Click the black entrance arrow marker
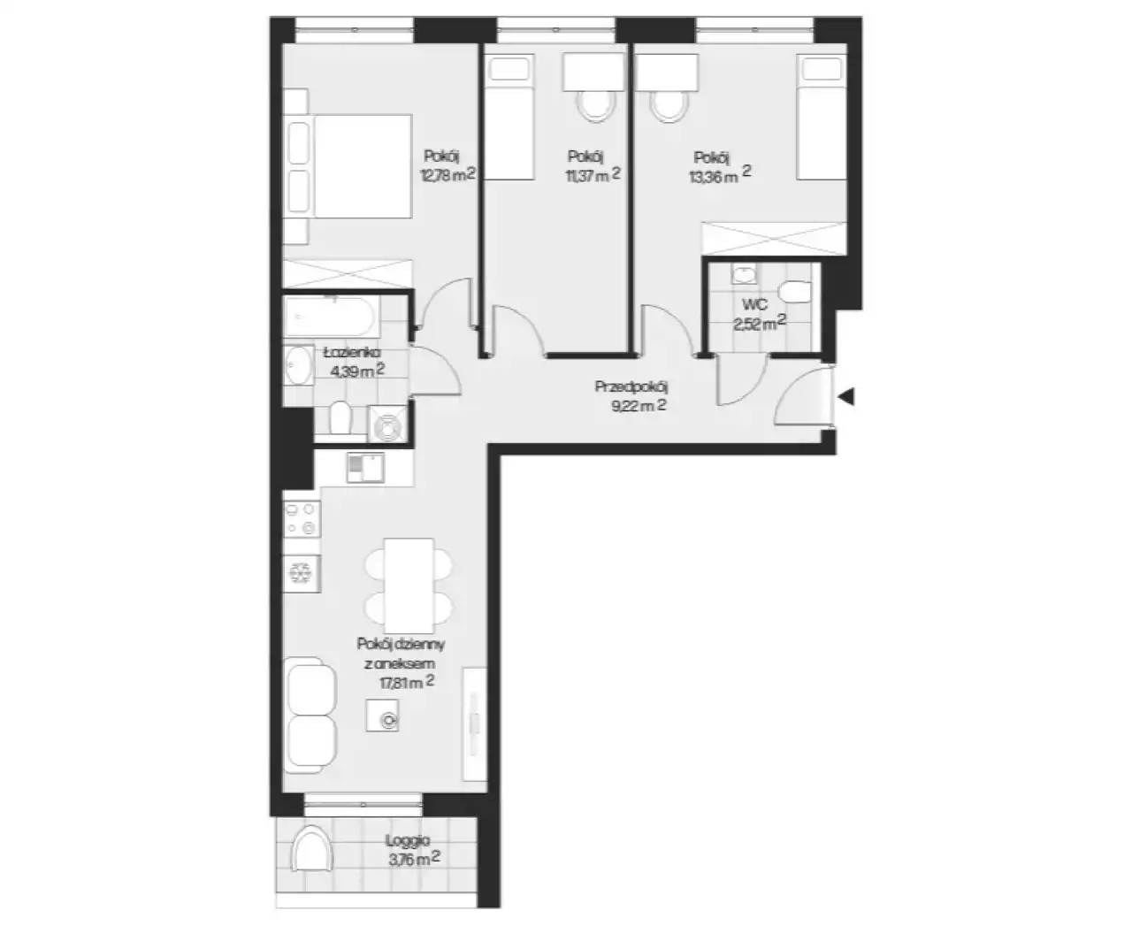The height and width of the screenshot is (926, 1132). pyautogui.click(x=847, y=397)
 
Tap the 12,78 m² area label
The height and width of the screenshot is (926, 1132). pyautogui.click(x=448, y=174)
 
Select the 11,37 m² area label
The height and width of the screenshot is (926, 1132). pyautogui.click(x=593, y=174)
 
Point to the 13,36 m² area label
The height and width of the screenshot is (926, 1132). pyautogui.click(x=720, y=175)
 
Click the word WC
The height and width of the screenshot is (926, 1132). pyautogui.click(x=754, y=304)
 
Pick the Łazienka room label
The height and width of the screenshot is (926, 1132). pyautogui.click(x=352, y=353)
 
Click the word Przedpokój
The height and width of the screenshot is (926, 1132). pyautogui.click(x=631, y=386)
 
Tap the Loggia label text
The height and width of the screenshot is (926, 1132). pyautogui.click(x=408, y=840)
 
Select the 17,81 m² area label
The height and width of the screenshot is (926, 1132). pyautogui.click(x=407, y=682)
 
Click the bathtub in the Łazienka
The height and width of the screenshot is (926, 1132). pyautogui.click(x=333, y=316)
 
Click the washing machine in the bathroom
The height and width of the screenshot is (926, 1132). pyautogui.click(x=387, y=424)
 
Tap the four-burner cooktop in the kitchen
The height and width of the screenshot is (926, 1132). pyautogui.click(x=302, y=518)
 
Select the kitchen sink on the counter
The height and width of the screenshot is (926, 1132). pyautogui.click(x=365, y=468)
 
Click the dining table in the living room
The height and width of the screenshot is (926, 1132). pyautogui.click(x=409, y=585)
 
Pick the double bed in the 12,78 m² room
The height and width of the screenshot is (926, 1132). pyautogui.click(x=348, y=166)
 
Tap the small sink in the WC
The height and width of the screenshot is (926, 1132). pyautogui.click(x=744, y=275)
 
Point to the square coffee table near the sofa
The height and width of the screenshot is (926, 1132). pyautogui.click(x=383, y=715)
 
